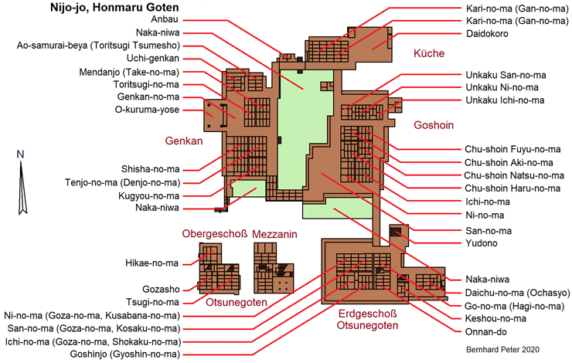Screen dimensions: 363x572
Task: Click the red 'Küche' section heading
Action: [x=427, y=54]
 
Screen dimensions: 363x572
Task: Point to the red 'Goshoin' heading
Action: [x=433, y=125]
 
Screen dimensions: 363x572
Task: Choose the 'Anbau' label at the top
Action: [x=164, y=21]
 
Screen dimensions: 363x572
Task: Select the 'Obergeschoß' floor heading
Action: [x=214, y=234]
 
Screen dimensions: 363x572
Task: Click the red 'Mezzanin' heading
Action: [x=276, y=234]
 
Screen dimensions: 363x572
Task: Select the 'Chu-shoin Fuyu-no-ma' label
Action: [x=513, y=148]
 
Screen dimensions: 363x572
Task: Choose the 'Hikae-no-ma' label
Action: [x=152, y=263]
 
